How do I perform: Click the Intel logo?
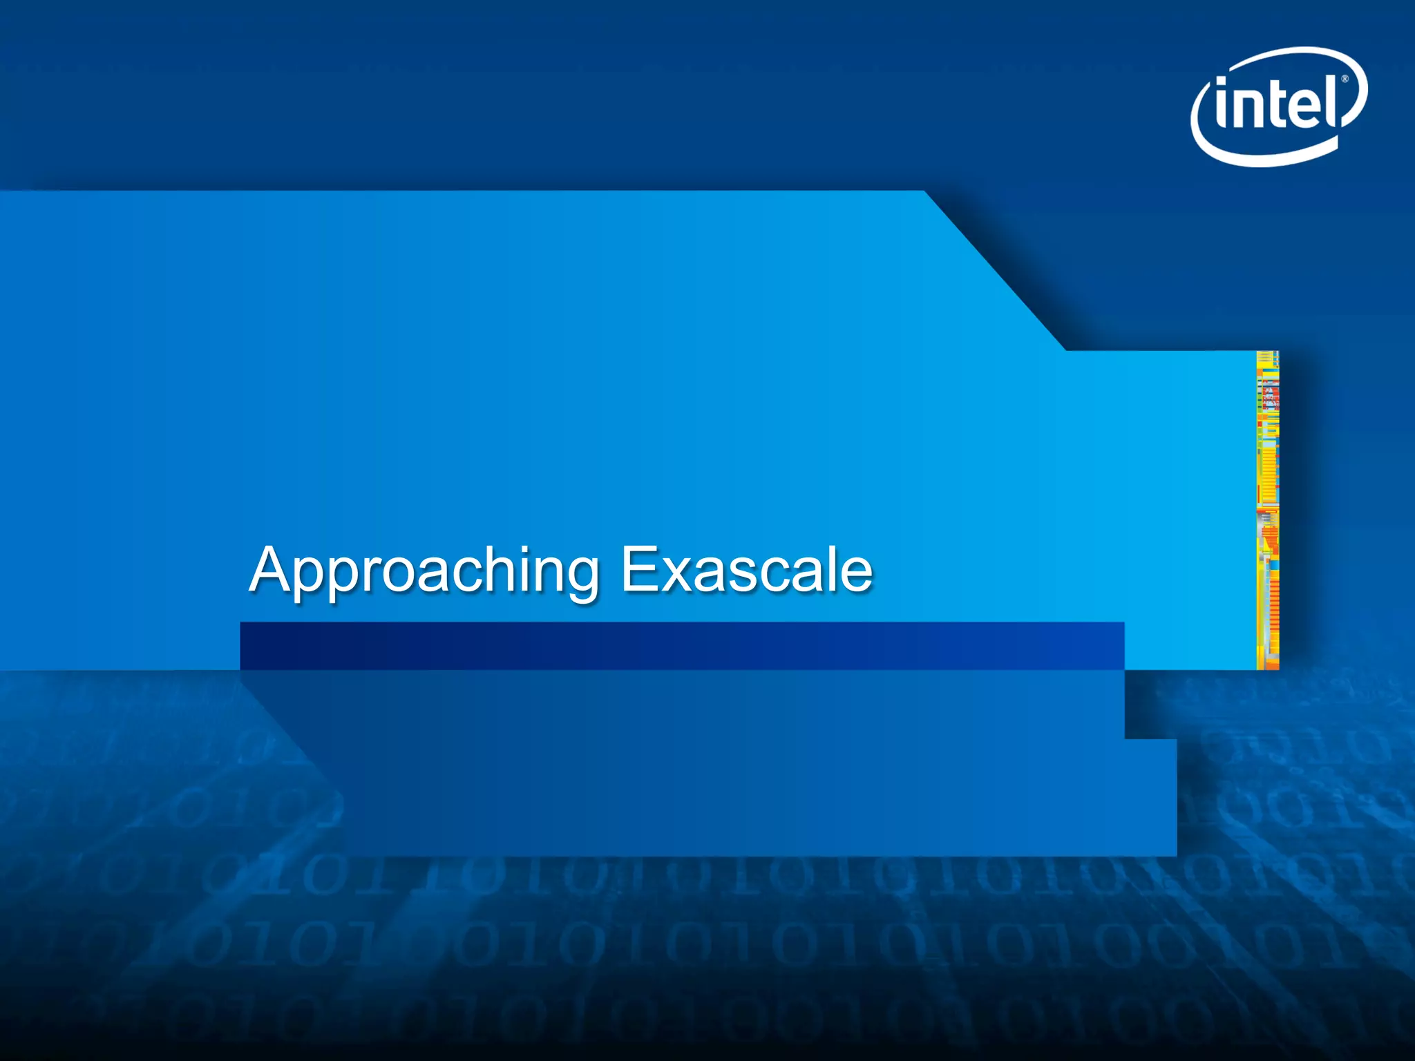1279,106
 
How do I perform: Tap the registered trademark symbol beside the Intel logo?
1345,79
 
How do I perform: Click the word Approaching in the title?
424,571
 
